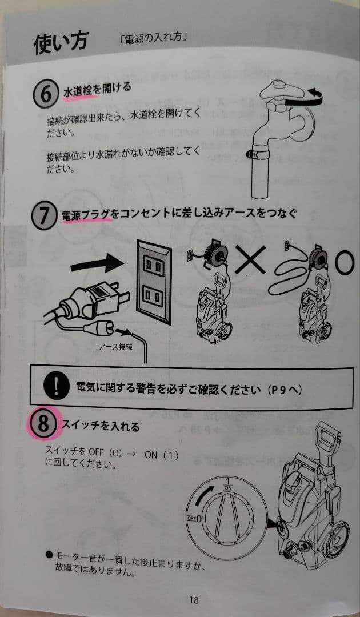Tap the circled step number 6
[x=46, y=94]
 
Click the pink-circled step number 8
[x=43, y=424]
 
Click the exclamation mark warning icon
[x=55, y=387]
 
